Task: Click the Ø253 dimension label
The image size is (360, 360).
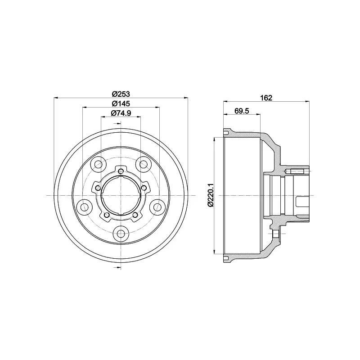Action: click(121, 94)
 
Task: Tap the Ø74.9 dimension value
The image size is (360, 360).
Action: click(121, 113)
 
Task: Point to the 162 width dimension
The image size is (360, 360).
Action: click(266, 98)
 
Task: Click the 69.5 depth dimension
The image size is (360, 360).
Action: click(242, 111)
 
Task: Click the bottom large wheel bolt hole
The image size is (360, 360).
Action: click(121, 233)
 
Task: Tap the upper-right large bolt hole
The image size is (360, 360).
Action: click(144, 164)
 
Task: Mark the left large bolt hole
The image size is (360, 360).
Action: click(84, 207)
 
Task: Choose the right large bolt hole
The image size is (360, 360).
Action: click(157, 207)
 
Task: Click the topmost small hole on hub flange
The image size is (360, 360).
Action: click(121, 171)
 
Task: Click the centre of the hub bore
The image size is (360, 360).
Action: click(121, 195)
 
